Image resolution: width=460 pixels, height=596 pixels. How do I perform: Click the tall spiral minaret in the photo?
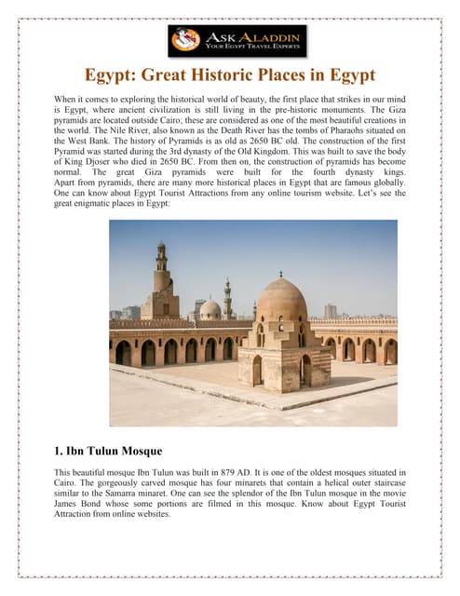click(x=162, y=283)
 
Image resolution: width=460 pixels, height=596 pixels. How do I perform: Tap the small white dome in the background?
click(x=210, y=308)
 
